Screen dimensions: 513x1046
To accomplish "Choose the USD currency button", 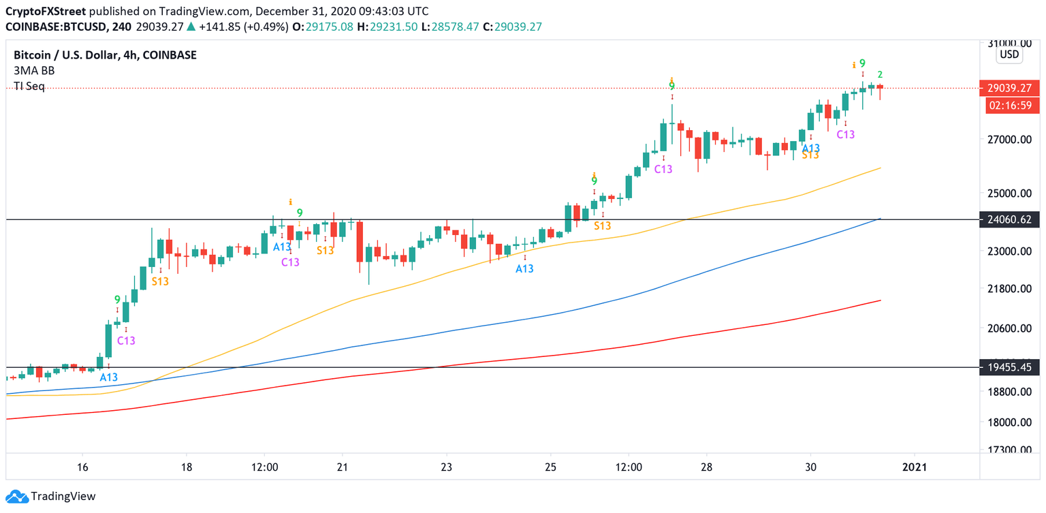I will click(x=1009, y=55).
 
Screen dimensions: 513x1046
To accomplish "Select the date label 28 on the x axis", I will click(x=706, y=467).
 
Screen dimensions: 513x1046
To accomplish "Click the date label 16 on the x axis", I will click(x=82, y=467).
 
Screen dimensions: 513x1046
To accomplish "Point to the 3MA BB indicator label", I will click(x=34, y=71).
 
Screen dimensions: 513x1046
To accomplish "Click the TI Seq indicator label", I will click(x=29, y=87).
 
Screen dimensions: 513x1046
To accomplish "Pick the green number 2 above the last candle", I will click(x=880, y=74).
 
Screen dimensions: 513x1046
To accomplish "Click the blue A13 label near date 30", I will click(x=810, y=148).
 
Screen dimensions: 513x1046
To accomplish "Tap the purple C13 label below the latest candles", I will click(x=845, y=135).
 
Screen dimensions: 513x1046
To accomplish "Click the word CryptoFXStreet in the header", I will click(x=45, y=12).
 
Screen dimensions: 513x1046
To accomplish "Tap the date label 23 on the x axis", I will click(x=446, y=467).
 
